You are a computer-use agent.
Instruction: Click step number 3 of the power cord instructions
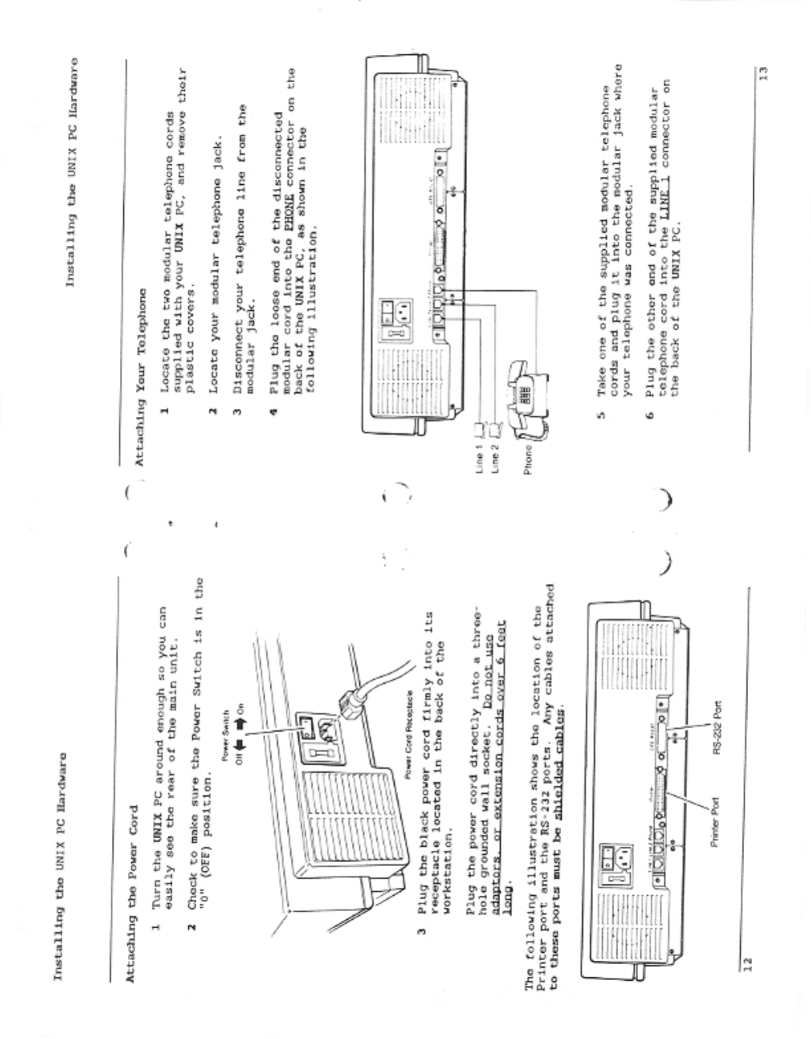click(x=419, y=934)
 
